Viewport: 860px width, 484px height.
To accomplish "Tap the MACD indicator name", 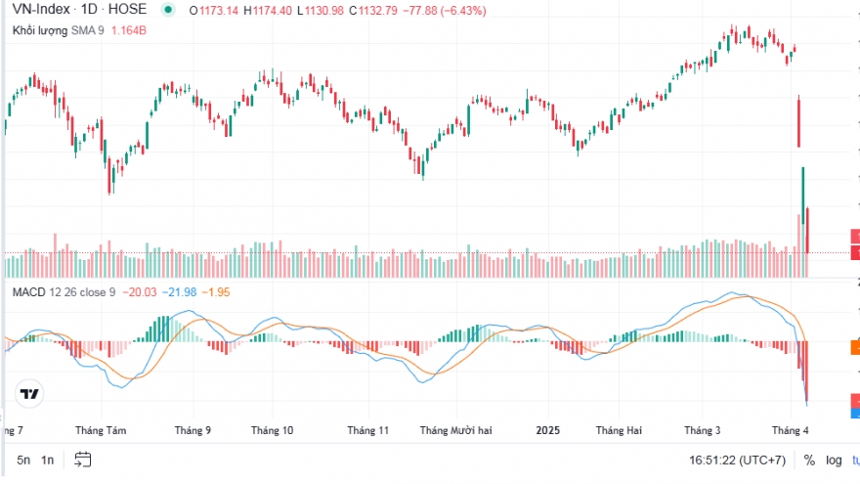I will coord(28,292).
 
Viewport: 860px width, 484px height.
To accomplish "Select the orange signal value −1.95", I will coord(216,292).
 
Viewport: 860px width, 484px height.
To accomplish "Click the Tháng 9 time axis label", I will coord(193,429).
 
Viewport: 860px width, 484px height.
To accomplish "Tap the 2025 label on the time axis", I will coord(548,429).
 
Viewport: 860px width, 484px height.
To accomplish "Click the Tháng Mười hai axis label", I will coord(461,429).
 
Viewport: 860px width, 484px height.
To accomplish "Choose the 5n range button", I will coord(22,460).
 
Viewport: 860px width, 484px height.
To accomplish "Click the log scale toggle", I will coord(834,460).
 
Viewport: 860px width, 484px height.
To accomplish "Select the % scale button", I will coord(809,460).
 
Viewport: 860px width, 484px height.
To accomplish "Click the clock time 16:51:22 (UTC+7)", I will coord(741,460).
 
